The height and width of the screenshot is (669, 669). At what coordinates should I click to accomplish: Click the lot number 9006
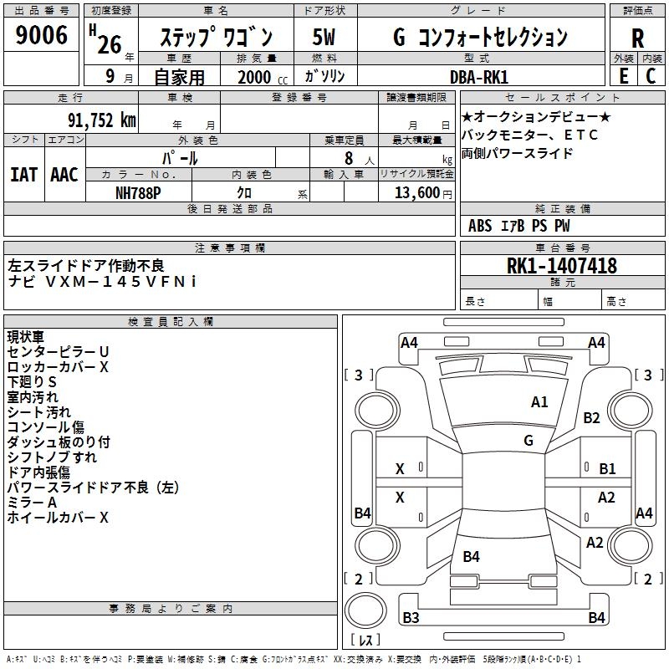42,36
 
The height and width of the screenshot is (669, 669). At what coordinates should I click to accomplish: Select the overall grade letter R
637,38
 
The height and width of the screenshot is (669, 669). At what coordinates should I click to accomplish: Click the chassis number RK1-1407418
562,266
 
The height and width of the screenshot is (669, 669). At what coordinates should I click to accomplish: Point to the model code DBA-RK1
484,76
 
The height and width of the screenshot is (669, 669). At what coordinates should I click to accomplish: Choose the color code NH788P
139,192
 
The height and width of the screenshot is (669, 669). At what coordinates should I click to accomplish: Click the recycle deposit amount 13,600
415,192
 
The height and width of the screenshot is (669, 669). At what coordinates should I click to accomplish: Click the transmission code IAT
23,175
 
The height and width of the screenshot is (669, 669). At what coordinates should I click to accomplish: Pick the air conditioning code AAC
64,175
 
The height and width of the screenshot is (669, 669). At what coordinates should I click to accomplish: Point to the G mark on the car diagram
529,440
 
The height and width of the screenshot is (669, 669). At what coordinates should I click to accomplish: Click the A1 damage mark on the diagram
539,402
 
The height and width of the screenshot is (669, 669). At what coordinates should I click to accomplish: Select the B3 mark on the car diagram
411,618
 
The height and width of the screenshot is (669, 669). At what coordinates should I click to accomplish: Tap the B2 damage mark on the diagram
592,418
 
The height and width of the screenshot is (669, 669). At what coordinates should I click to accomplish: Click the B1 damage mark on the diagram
607,469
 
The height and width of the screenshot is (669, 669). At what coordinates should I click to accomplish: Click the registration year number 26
110,43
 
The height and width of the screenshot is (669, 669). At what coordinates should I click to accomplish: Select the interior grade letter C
651,75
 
